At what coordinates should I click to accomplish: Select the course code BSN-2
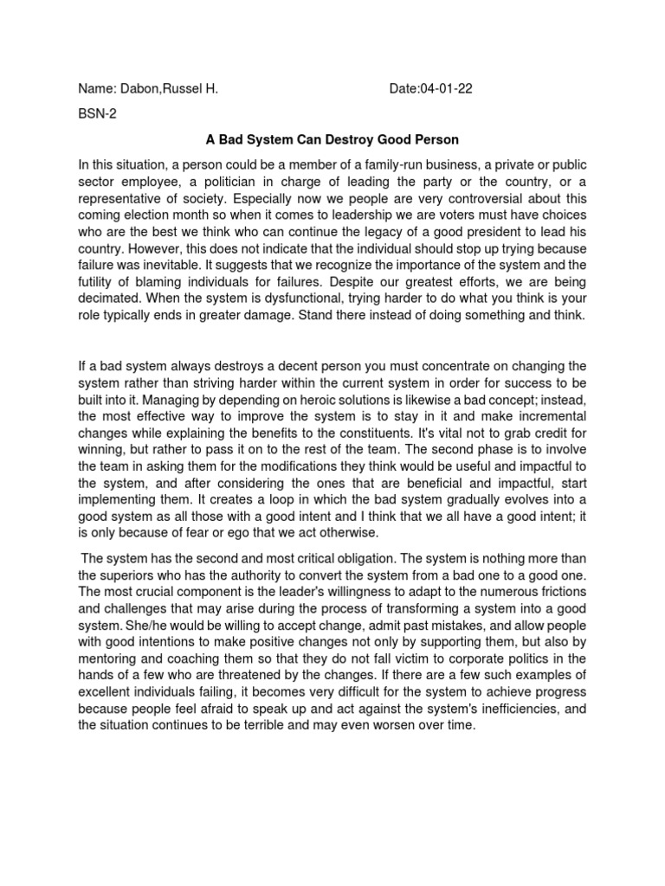[x=97, y=112]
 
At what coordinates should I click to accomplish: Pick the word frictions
[x=560, y=592]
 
